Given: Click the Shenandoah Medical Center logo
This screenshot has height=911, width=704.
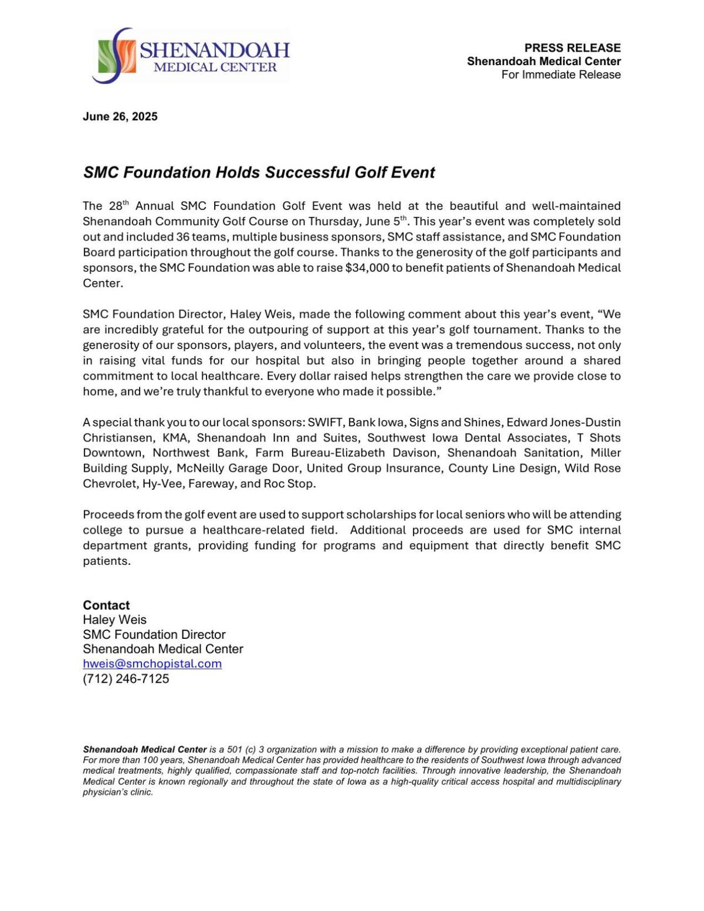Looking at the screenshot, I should [x=191, y=56].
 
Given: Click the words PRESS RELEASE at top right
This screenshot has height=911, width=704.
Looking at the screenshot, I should [x=572, y=48].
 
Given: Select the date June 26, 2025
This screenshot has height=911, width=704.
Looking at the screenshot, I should [x=120, y=117].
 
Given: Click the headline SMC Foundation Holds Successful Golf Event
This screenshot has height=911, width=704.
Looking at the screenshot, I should [x=259, y=172].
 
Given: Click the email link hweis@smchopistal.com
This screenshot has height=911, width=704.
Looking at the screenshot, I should [x=152, y=664].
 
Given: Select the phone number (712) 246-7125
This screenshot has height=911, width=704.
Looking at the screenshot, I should [x=126, y=679].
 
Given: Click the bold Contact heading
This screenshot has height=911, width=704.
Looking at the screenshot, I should [x=106, y=605].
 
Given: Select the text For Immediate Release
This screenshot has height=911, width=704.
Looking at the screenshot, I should [x=561, y=74].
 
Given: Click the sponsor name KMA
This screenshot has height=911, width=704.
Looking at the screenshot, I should [x=175, y=438].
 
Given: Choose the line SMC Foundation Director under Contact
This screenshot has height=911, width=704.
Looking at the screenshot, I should [x=154, y=635].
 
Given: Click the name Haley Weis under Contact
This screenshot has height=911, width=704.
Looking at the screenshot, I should [x=114, y=620].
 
